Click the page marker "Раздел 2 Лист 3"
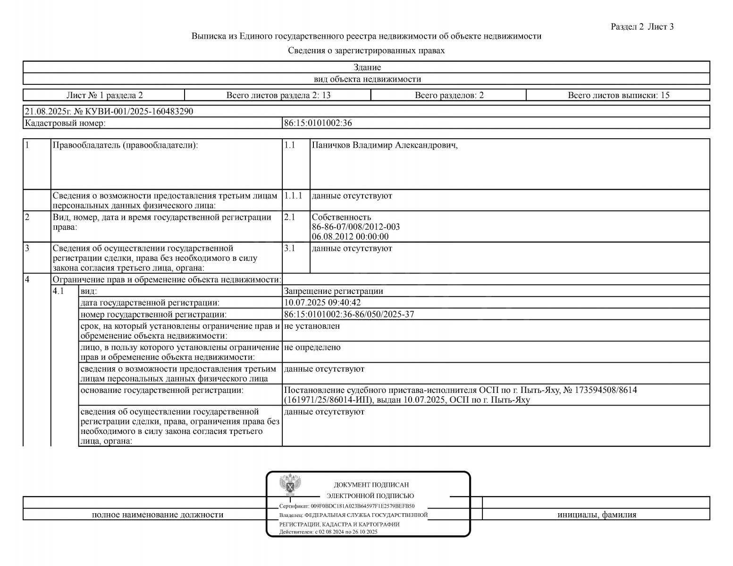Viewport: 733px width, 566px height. click(x=642, y=27)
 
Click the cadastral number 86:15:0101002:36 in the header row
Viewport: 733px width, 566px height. click(x=318, y=124)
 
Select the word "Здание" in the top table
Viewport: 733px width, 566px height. click(x=367, y=67)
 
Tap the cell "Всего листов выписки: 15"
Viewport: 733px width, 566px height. click(x=618, y=95)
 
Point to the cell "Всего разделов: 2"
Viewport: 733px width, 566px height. click(x=449, y=95)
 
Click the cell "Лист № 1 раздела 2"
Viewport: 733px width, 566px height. click(x=104, y=95)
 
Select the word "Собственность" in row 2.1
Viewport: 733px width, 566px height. click(x=341, y=217)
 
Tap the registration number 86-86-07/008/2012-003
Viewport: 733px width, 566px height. click(x=356, y=227)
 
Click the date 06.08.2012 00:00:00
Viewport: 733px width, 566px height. click(x=350, y=237)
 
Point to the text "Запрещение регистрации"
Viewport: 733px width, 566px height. click(x=334, y=291)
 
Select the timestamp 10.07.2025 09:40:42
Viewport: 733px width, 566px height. click(x=322, y=303)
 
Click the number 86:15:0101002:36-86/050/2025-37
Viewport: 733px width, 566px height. click(x=349, y=315)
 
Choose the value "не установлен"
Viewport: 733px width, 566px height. click(x=312, y=326)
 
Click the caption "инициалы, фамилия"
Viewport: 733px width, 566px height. click(x=597, y=515)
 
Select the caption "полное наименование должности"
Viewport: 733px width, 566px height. click(x=158, y=515)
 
